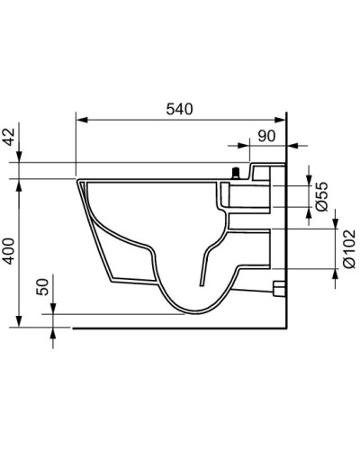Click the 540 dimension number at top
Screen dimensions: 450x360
pos(181,108)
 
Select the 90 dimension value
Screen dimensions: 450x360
pos(266,136)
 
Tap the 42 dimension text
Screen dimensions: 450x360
pos(10,137)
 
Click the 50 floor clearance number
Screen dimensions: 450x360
pos(41,288)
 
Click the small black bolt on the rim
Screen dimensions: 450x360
pos(238,172)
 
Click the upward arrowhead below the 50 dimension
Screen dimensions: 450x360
pos(52,332)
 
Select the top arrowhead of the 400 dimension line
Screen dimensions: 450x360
pos(20,183)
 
